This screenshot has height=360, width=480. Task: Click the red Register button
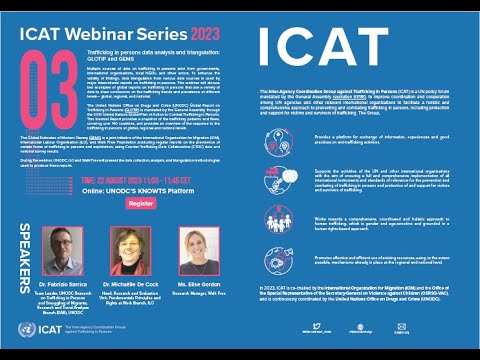point(142,202)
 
